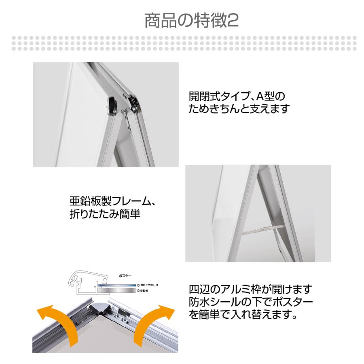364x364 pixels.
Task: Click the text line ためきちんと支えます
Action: point(239,109)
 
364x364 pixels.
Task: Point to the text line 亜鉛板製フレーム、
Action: point(112,201)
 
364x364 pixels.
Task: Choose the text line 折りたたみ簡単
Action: point(105,214)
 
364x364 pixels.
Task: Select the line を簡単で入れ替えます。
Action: point(243,314)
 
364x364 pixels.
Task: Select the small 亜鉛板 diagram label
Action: point(145,291)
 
